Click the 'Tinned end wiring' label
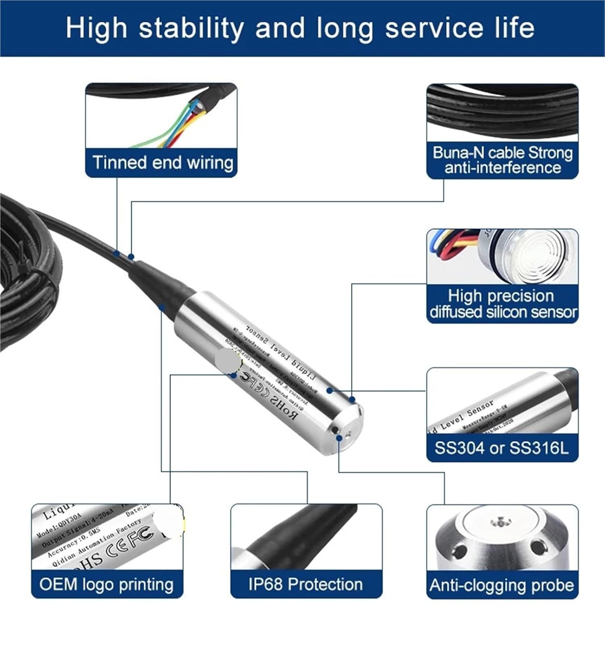click(x=162, y=163)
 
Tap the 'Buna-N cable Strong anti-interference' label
click(x=502, y=160)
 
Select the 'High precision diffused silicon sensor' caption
click(x=502, y=304)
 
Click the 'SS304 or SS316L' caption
click(x=502, y=448)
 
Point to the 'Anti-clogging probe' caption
click(x=502, y=585)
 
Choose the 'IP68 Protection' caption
click(x=306, y=584)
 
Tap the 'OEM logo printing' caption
click(x=107, y=584)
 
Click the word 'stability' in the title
click(x=191, y=28)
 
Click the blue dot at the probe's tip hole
click(x=340, y=437)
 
